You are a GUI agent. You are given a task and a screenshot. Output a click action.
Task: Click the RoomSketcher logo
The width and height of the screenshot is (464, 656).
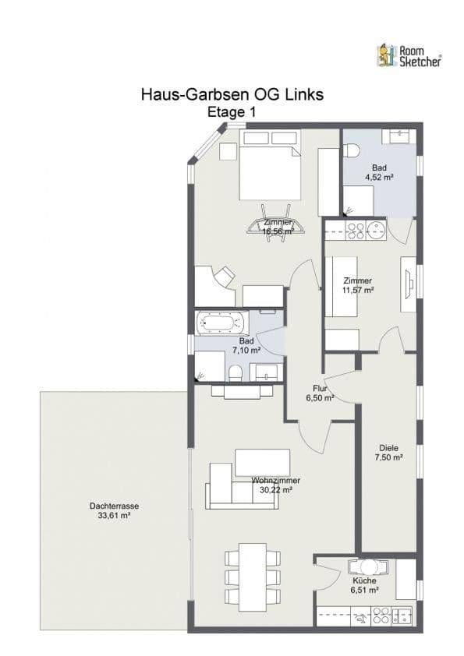409,55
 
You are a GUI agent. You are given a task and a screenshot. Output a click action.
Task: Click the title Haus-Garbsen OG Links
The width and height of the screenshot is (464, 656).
232,94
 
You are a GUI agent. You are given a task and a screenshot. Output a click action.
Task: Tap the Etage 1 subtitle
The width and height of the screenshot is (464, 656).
232,112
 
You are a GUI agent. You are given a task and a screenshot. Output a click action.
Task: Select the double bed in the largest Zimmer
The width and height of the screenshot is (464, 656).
269,168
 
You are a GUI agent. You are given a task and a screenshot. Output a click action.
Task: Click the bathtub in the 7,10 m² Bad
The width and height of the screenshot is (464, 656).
221,323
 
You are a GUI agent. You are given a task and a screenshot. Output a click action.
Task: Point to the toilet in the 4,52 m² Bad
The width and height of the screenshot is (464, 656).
351,152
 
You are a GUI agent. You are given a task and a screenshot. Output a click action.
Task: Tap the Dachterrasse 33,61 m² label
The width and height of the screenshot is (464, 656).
114,510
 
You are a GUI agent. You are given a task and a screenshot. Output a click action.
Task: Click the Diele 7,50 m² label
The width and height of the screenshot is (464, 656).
390,453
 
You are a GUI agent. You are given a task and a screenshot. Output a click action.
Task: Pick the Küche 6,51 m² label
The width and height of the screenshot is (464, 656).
364,585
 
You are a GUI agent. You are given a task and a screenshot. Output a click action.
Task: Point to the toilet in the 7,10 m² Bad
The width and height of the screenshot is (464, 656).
235,372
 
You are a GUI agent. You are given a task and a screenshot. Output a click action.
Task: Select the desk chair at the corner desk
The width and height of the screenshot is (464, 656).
225,274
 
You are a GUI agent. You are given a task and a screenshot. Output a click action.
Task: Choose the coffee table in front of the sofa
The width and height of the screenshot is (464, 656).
262,460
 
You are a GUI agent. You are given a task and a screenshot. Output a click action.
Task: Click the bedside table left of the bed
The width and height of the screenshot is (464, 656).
228,151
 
